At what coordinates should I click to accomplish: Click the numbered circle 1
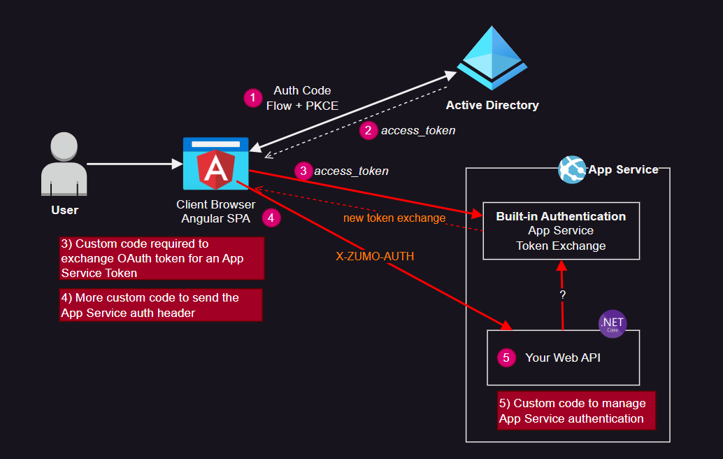[x=252, y=98]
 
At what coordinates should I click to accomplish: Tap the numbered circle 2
[x=368, y=130]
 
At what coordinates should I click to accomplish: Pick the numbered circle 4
[x=271, y=218]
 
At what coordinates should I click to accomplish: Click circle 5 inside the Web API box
[x=506, y=358]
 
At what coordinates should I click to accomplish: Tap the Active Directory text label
[x=492, y=106]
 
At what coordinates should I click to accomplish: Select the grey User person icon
[x=64, y=166]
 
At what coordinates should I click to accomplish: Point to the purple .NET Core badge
[x=613, y=323]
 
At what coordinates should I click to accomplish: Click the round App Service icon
[x=573, y=169]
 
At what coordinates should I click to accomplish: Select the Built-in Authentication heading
[x=561, y=216]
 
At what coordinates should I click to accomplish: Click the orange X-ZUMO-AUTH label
[x=375, y=257]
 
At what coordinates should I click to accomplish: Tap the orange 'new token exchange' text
[x=394, y=218]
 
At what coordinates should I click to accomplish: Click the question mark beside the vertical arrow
[x=562, y=295]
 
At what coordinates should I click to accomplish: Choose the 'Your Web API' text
[x=563, y=358]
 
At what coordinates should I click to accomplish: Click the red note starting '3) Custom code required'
[x=162, y=258]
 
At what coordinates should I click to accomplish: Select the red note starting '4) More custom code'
[x=161, y=305]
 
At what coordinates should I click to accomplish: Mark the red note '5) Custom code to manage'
[x=576, y=411]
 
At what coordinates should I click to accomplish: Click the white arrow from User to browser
[x=133, y=164]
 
